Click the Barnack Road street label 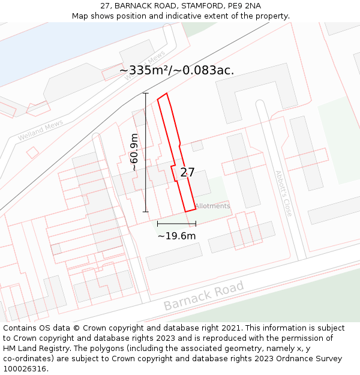pos(204,295)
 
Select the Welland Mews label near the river pos(40,130)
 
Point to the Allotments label pos(212,206)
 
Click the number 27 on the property pos(187,172)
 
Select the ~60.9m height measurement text pos(134,152)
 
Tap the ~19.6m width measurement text pos(176,236)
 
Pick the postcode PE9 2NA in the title pos(244,6)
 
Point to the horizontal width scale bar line pos(176,224)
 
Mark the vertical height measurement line pos(145,152)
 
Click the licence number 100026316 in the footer pos(25,369)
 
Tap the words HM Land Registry pos(30,349)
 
